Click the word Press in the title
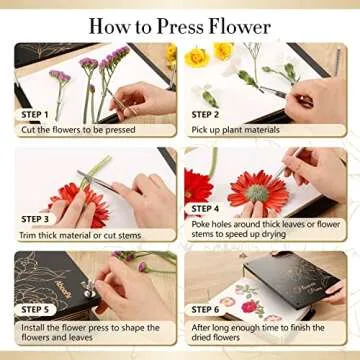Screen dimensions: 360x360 [x=191, y=24]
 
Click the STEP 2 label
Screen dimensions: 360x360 [x=211, y=114]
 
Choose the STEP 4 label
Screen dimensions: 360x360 [x=211, y=208]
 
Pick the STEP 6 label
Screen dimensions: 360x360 [x=211, y=311]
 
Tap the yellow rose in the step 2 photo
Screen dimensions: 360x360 [x=196, y=57]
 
